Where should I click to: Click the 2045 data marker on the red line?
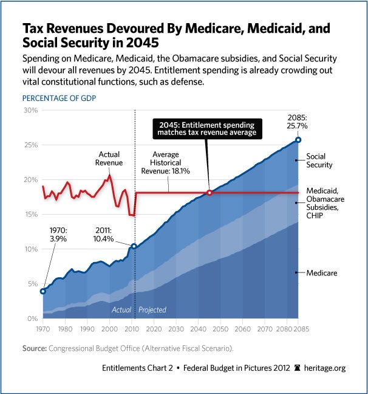click(210, 193)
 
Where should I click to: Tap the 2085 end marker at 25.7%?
click(298, 140)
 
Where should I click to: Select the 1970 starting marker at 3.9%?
click(43, 291)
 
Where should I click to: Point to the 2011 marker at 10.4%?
click(133, 246)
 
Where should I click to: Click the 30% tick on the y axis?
click(30, 110)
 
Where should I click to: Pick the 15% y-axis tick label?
click(30, 215)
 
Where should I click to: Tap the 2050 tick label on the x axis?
click(220, 328)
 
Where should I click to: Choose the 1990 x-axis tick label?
click(87, 328)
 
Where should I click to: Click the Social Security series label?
click(319, 161)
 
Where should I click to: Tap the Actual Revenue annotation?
click(109, 159)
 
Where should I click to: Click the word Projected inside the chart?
click(152, 309)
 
